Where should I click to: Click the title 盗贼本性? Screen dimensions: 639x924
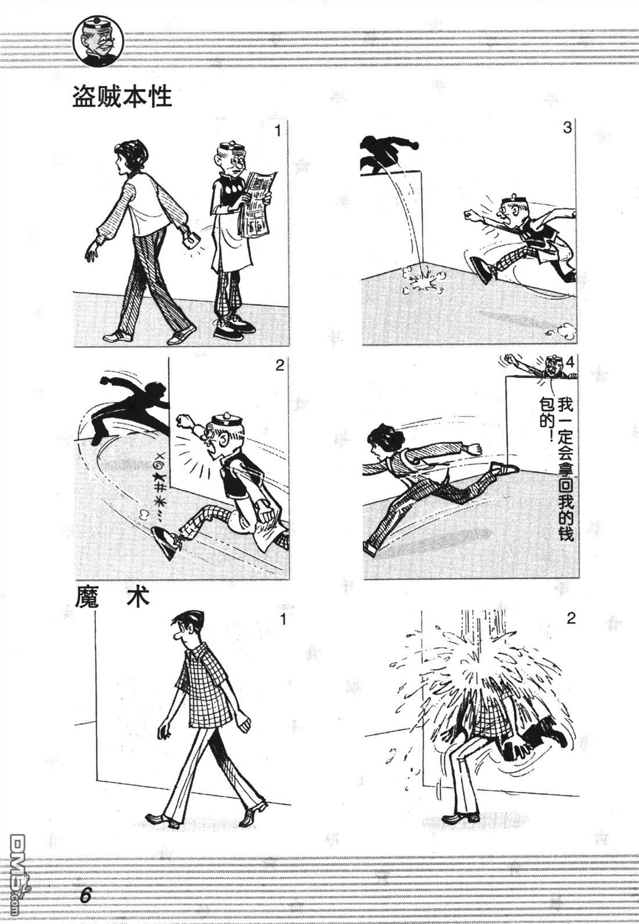[122, 97]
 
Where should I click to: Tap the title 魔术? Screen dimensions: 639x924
[112, 597]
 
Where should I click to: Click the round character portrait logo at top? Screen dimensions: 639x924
[99, 42]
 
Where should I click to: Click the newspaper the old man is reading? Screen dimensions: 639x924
[259, 204]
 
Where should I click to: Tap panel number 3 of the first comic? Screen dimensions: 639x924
[567, 128]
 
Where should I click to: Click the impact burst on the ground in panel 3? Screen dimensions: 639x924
[423, 281]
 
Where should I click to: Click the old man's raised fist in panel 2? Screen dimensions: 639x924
[184, 421]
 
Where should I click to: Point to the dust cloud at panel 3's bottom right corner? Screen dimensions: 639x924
[560, 332]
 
